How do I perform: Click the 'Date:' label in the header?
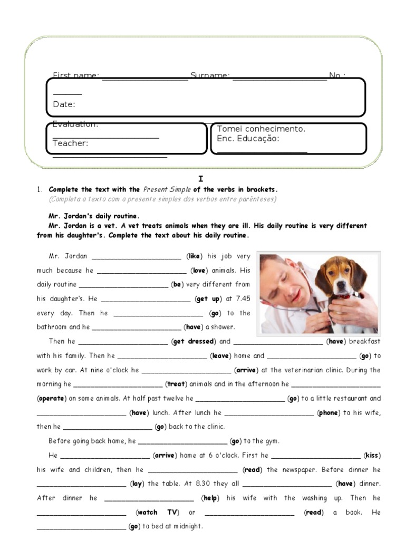point(64,104)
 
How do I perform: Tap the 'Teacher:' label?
point(70,143)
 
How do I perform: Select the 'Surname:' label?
point(210,76)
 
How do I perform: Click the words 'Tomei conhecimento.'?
point(261,129)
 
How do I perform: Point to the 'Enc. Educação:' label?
point(248,139)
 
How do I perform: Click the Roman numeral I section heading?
point(200,179)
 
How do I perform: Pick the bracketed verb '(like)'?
point(194,256)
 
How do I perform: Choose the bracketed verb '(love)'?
point(198,271)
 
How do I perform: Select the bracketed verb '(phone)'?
point(328,413)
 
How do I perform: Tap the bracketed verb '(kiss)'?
point(372,456)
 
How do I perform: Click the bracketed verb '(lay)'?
point(136,484)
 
